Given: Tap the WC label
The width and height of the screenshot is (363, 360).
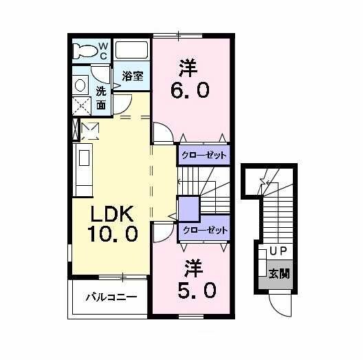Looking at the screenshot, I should click(103, 51).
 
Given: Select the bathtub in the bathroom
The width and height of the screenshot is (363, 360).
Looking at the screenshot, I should click(132, 50).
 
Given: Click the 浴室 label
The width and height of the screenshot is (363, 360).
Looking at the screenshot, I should click(133, 76).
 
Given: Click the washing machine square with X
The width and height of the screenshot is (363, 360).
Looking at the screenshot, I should click(81, 105).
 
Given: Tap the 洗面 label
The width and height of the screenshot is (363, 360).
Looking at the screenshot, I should click(101, 98).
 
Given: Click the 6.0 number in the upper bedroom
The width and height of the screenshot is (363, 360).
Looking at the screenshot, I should click(190, 90).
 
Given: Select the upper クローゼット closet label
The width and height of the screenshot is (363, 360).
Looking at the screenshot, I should click(203, 154).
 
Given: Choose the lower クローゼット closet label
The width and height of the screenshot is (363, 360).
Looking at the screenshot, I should click(203, 231).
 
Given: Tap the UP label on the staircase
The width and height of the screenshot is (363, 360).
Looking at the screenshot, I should click(278, 251).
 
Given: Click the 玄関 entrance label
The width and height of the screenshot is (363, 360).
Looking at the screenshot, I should click(278, 273).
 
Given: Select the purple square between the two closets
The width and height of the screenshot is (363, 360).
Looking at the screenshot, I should click(188, 208).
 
